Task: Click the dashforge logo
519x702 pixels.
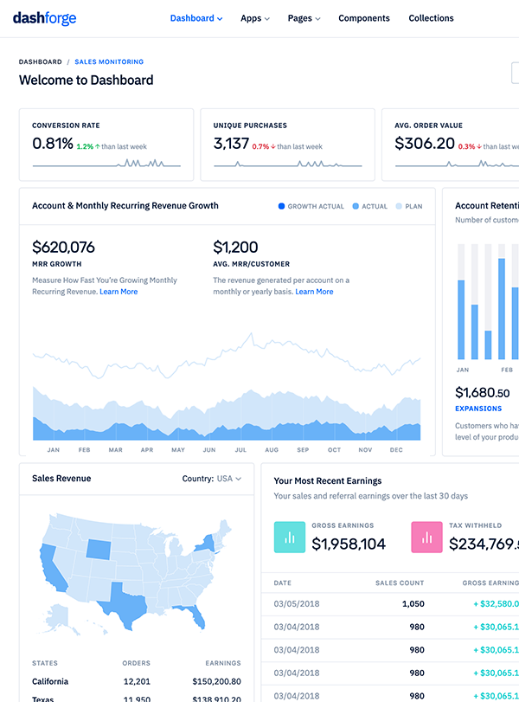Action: pos(44,18)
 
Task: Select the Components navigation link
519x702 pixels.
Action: pos(364,18)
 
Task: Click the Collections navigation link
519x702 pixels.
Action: pos(431,18)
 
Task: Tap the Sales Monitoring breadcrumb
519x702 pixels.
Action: pos(109,62)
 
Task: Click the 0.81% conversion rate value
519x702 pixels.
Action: pos(53,144)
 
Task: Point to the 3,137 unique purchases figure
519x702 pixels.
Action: pos(231,144)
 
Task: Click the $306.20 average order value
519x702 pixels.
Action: pos(425,144)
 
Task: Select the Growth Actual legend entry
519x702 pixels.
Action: pos(311,207)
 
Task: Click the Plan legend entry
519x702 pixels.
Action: pos(409,207)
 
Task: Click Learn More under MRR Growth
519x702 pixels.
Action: pos(119,292)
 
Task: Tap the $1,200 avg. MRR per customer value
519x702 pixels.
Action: pos(235,248)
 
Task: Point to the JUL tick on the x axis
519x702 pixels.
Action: pos(240,450)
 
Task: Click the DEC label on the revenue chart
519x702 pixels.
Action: pos(396,450)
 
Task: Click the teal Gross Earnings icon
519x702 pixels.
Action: pos(290,537)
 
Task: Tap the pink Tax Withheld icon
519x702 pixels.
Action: pos(426,537)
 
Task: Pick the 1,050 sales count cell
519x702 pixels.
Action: pos(413,603)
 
